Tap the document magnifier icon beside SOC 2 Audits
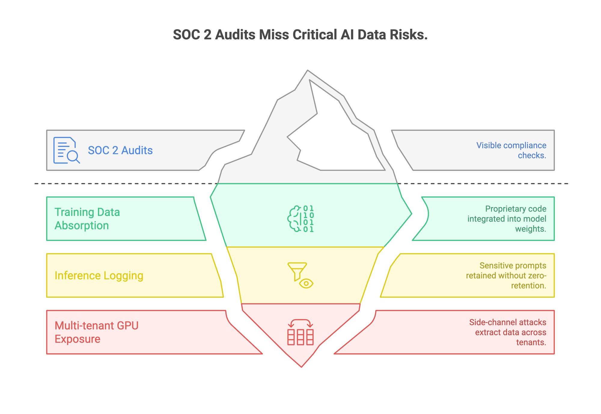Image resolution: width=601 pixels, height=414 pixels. (x=66, y=150)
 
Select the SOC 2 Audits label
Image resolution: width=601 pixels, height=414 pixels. (x=120, y=150)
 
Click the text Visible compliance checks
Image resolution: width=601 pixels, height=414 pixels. (x=511, y=150)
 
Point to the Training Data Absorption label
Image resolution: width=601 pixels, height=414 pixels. (x=87, y=219)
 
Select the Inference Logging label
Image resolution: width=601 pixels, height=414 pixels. (x=99, y=275)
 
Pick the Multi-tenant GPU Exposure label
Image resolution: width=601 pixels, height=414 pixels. (x=96, y=332)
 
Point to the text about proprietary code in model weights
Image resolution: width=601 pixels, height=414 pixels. (x=507, y=219)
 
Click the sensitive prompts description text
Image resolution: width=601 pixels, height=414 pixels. (x=506, y=275)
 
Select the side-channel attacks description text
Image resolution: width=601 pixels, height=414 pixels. (x=508, y=332)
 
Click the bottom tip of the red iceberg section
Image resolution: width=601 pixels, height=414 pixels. (x=301, y=366)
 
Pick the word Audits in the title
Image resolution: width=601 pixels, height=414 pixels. (x=235, y=35)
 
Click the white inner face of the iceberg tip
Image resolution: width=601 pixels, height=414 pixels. (x=337, y=141)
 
